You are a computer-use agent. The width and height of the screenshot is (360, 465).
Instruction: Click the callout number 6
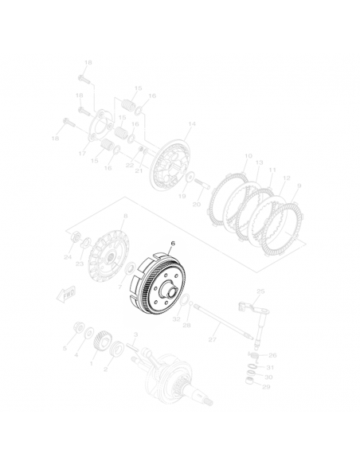pyautogui.click(x=168, y=246)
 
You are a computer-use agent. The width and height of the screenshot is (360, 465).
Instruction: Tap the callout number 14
pyautogui.click(x=191, y=124)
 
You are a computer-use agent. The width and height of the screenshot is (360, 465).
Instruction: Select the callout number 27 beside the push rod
pyautogui.click(x=213, y=340)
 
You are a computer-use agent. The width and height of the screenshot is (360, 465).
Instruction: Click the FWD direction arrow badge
pyautogui.click(x=65, y=293)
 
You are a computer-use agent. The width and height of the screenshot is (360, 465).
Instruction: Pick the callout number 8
pyautogui.click(x=125, y=217)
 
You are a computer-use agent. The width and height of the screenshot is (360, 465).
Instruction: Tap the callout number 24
pyautogui.click(x=68, y=257)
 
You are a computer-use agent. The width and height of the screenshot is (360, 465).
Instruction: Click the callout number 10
pyautogui.click(x=248, y=156)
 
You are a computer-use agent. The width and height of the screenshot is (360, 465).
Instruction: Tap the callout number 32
pyautogui.click(x=176, y=319)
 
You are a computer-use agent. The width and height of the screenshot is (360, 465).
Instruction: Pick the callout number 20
pyautogui.click(x=197, y=204)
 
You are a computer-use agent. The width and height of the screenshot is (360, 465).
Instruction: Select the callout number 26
pyautogui.click(x=272, y=355)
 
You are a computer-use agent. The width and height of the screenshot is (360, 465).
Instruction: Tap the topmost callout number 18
pyautogui.click(x=88, y=62)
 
